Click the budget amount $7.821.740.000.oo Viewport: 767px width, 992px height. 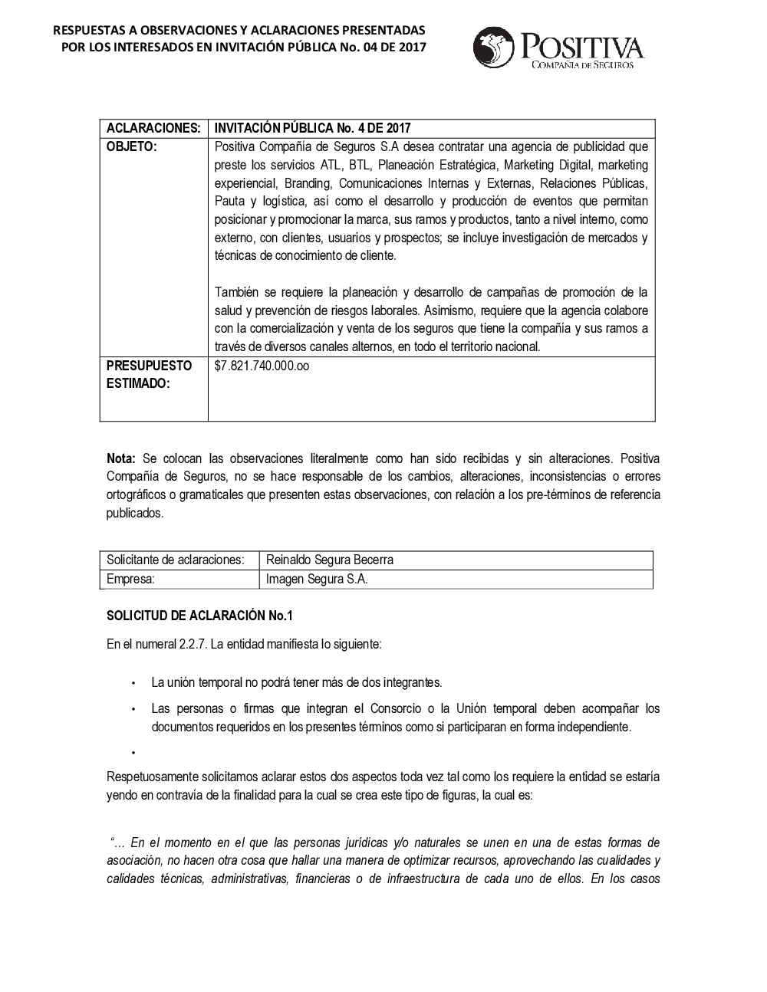coord(262,366)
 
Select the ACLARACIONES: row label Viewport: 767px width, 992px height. coord(153,127)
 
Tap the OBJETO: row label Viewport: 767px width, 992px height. coord(131,146)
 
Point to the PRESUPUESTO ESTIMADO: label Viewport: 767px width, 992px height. coord(149,374)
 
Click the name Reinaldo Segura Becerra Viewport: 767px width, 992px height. coord(329,560)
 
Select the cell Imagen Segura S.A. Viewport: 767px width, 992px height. coord(317,579)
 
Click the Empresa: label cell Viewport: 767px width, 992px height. coord(131,579)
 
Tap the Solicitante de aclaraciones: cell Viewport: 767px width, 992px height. coord(176,560)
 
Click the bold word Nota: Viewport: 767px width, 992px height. coord(121,458)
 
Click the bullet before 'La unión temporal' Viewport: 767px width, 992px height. coord(133,682)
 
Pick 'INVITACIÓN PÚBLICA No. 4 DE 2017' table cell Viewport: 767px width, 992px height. coord(313,127)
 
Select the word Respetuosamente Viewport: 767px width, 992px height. coord(153,777)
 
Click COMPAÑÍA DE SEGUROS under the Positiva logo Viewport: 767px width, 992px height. coord(583,66)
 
